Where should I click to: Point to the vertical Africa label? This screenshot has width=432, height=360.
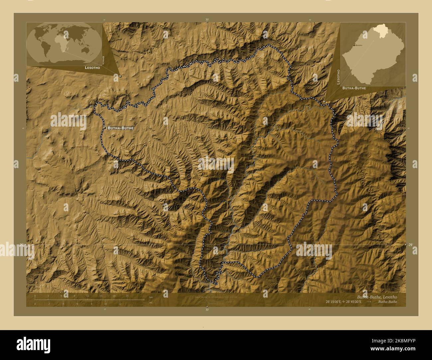coord(103,60)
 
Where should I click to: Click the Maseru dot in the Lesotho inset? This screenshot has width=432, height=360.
coord(354,45)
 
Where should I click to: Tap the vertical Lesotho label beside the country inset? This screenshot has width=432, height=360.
coord(338,77)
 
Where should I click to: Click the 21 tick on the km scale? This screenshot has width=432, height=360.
coord(127,296)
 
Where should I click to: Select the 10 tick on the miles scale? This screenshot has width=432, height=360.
coord(106,304)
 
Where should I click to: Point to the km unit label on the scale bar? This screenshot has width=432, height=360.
coord(151,298)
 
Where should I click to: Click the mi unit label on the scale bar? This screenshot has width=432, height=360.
coord(151,302)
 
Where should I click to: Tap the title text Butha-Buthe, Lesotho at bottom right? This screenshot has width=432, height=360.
coord(377,297)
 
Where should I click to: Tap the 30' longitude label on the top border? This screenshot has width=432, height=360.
coord(207,20)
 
